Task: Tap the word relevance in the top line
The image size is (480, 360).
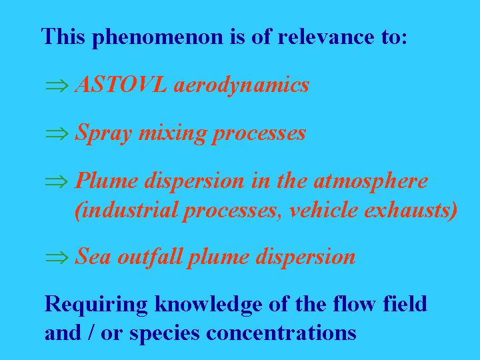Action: pos(325,37)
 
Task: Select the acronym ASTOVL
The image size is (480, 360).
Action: pos(121,84)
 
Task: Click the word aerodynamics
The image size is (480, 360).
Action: pos(241,85)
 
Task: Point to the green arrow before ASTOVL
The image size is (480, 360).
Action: pos(57,85)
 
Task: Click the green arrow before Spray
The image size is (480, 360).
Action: pos(57,133)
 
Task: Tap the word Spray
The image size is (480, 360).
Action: pos(104,133)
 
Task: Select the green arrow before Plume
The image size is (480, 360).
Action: pos(57,181)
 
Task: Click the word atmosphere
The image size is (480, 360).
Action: pos(371,181)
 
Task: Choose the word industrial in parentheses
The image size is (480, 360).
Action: pos(126,210)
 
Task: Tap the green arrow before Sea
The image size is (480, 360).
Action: pos(57,257)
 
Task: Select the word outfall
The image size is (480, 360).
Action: pos(150,257)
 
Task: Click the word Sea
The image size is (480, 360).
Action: pos(93,257)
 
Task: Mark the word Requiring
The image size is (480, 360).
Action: pos(96,305)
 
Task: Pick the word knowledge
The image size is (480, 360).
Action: pos(208,305)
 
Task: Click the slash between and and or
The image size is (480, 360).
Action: pos(91,333)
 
